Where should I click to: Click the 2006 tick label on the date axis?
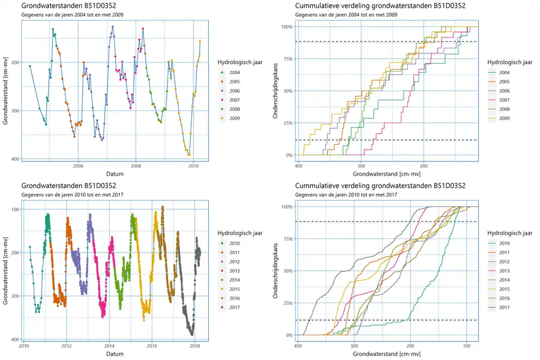tap(78, 166)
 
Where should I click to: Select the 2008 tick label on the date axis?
tap(136, 166)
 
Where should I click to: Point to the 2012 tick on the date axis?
tap(66, 346)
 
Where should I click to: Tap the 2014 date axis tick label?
tap(109, 346)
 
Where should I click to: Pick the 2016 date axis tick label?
tap(152, 346)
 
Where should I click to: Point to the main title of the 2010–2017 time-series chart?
tap(69, 186)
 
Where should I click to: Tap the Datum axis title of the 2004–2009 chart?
tap(115, 174)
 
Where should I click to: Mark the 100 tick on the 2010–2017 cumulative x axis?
tap(466, 346)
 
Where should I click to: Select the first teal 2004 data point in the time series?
tap(30, 66)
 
